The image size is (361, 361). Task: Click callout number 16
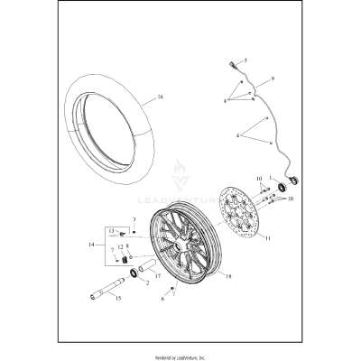(160, 97)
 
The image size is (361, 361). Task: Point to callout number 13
(112, 231)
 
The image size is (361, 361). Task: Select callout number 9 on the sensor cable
(260, 79)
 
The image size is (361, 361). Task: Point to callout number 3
(134, 219)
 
